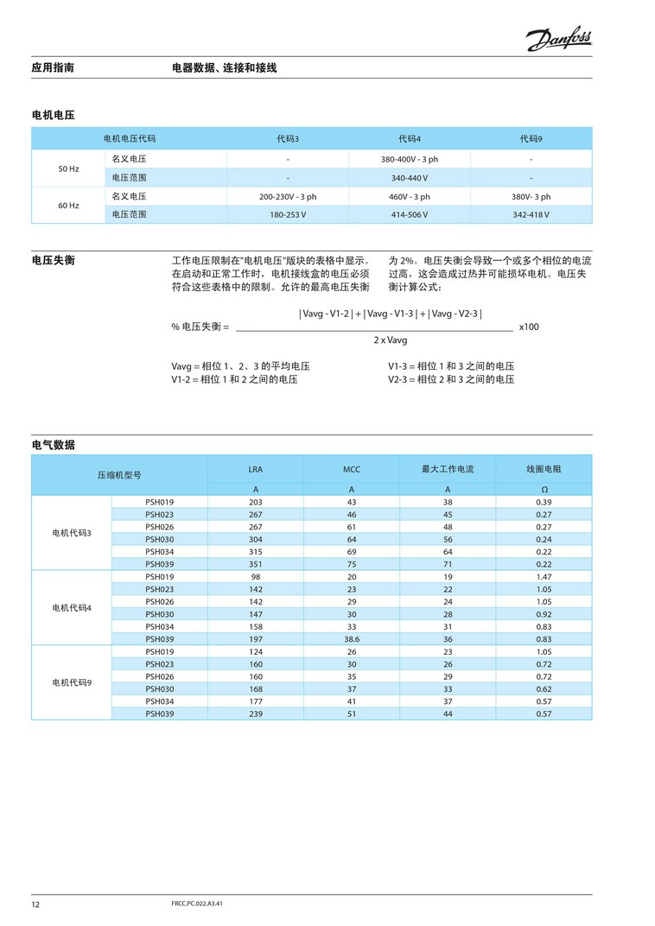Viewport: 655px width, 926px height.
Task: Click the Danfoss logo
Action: click(558, 39)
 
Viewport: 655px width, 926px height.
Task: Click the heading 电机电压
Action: click(53, 114)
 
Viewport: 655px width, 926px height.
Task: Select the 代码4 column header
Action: click(409, 138)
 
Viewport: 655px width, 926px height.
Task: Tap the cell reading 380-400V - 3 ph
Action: click(409, 159)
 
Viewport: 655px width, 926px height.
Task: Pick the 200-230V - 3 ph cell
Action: click(288, 197)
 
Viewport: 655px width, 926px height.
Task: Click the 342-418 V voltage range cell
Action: click(531, 214)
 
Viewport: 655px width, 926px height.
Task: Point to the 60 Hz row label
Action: click(68, 206)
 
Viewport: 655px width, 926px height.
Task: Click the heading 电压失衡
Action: click(53, 260)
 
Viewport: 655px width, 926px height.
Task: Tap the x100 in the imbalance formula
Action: click(529, 327)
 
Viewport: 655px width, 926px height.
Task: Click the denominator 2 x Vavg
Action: click(391, 340)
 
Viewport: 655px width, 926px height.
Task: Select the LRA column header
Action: click(256, 469)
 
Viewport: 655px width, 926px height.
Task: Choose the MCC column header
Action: click(351, 469)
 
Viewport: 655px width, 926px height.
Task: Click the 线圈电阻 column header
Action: click(544, 469)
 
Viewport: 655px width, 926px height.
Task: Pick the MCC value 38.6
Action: click(351, 638)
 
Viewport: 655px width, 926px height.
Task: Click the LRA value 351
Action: click(256, 564)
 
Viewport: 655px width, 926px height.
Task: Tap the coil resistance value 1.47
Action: click(544, 576)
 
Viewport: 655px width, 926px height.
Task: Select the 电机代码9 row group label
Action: click(72, 682)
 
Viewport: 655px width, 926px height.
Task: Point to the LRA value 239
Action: click(256, 714)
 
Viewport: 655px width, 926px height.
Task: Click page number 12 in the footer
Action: click(35, 904)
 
